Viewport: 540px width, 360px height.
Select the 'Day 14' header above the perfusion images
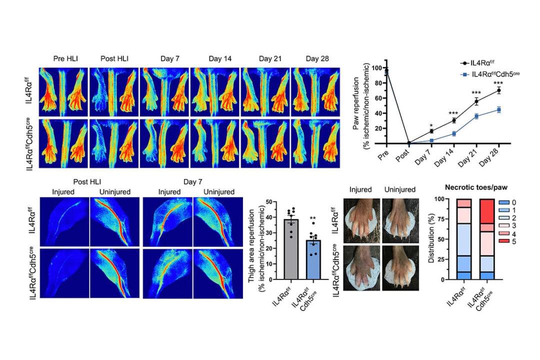point(215,59)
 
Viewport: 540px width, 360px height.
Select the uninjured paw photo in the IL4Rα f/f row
point(399,217)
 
